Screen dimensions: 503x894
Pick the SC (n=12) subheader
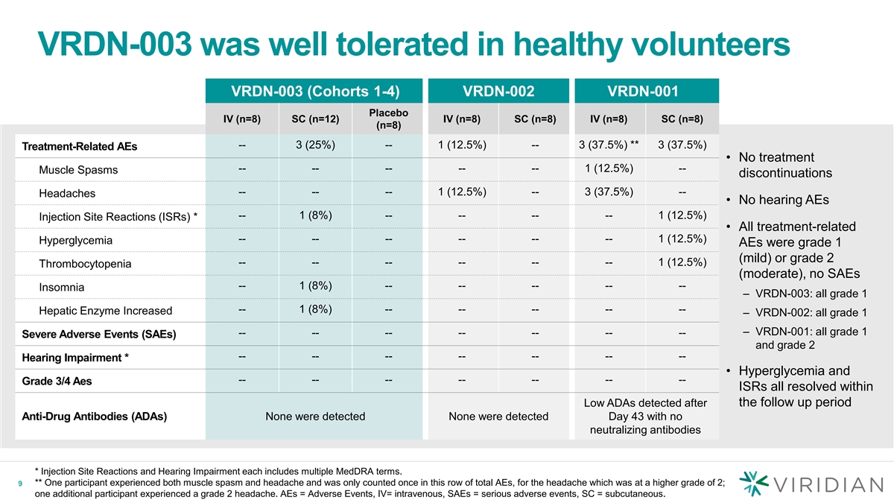click(x=314, y=118)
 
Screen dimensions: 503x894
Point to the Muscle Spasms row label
click(x=77, y=170)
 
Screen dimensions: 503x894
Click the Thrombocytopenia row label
click(x=85, y=264)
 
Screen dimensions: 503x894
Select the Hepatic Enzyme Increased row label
click(x=105, y=311)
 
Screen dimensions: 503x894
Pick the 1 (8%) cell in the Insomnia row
click(x=314, y=286)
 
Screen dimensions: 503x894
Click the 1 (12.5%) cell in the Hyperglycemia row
click(x=682, y=238)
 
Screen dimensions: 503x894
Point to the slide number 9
click(x=21, y=484)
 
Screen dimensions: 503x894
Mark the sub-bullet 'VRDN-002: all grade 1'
click(x=811, y=312)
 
